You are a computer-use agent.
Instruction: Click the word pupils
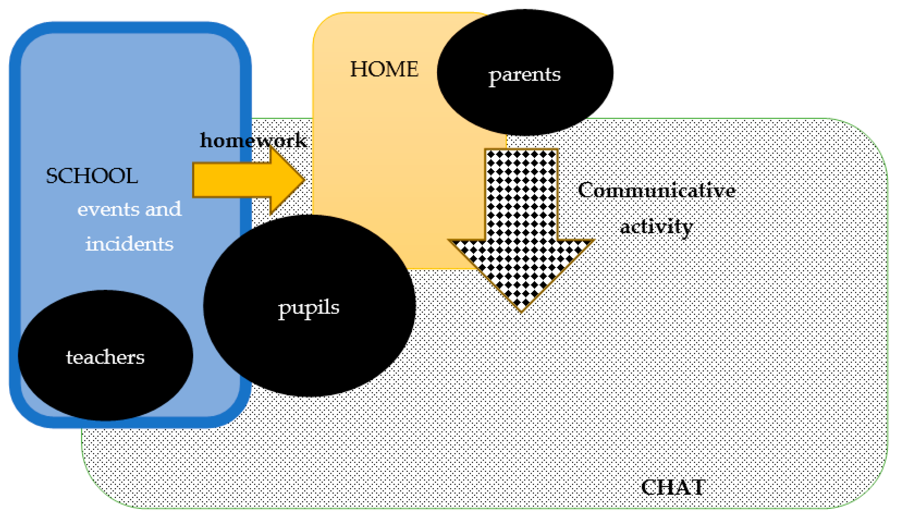pyautogui.click(x=308, y=308)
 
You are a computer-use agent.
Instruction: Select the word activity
pyautogui.click(x=656, y=227)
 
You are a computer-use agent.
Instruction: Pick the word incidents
pyautogui.click(x=129, y=244)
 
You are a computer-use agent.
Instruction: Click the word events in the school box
pyautogui.click(x=108, y=209)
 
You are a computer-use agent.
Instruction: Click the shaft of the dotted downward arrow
pyautogui.click(x=521, y=195)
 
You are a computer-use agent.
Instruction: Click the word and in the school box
pyautogui.click(x=163, y=209)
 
